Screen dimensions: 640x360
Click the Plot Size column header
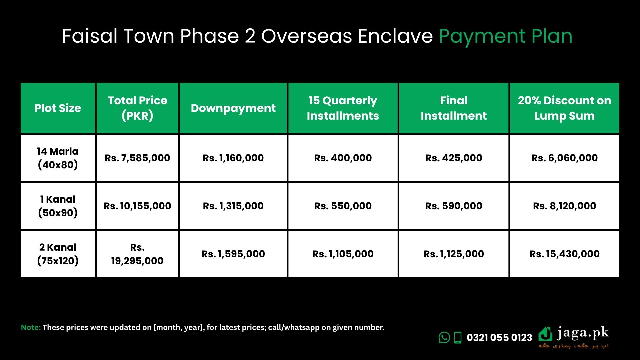pos(58,108)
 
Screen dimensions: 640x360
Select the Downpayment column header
pos(233,108)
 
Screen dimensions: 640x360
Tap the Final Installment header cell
pos(454,108)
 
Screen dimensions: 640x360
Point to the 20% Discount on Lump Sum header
pos(564,108)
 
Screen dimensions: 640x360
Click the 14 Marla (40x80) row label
pos(58,158)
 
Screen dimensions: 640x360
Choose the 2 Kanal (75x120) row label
pos(58,254)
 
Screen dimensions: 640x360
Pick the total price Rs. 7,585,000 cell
pos(137,158)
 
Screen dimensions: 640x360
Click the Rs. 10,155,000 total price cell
pos(137,206)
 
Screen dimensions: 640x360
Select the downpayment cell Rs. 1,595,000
pos(233,254)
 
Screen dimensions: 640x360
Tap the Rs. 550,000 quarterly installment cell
pos(343,206)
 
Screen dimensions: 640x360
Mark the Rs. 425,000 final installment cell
pos(454,158)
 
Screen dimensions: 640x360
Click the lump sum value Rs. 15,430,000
pos(564,254)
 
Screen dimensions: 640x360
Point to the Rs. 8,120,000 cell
pos(564,206)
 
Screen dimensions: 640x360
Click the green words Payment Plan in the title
pos(506,37)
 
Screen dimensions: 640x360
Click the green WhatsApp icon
pos(444,337)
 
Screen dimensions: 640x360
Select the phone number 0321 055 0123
pos(499,338)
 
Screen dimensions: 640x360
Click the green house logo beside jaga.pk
pos(545,334)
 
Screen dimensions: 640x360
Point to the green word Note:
pos(31,327)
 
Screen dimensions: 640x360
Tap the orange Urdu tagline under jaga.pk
pos(574,346)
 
